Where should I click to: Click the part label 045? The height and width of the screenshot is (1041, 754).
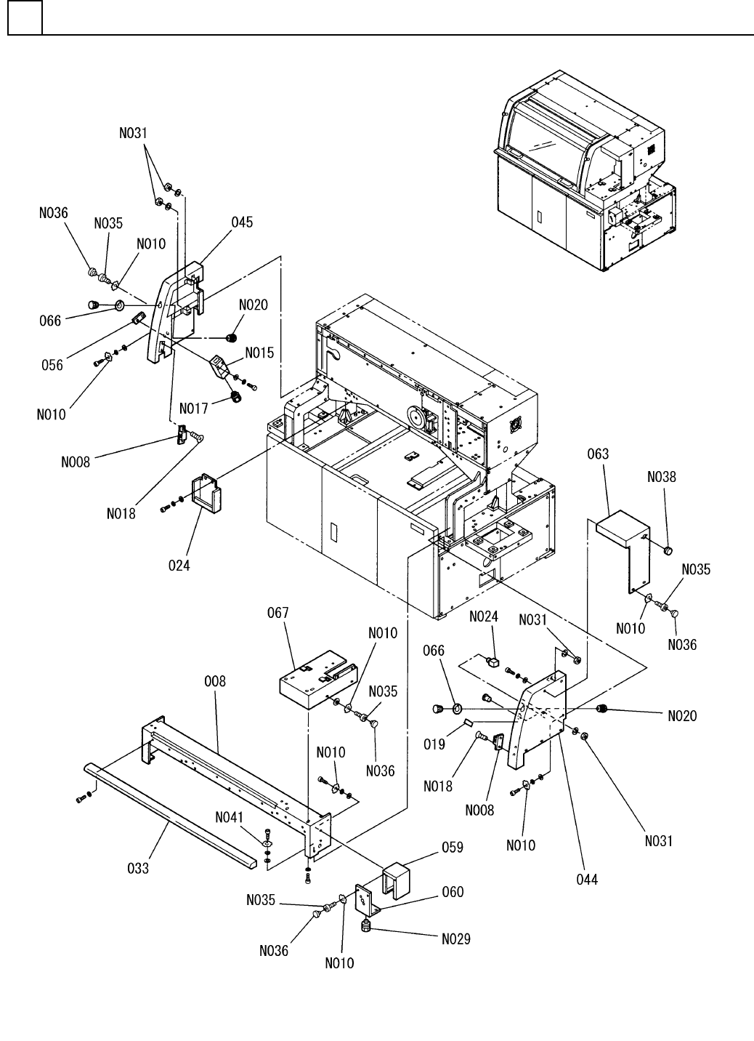tap(243, 222)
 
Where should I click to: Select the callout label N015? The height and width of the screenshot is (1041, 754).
tap(259, 353)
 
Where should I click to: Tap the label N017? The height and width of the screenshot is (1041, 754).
tap(194, 409)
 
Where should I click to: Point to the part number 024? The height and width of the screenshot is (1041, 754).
tap(179, 564)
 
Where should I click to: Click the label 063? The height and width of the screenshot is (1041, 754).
tap(598, 454)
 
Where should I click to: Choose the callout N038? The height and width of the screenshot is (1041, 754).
tap(661, 478)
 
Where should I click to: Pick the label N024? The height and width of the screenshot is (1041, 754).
tap(484, 617)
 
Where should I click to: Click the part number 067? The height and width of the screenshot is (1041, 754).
tap(277, 613)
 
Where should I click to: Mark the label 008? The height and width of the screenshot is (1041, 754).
tap(215, 681)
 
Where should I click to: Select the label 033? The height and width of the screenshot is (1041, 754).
tap(138, 867)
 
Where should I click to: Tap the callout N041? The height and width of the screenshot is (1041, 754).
tap(230, 818)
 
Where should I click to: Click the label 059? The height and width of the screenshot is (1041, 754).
tap(453, 848)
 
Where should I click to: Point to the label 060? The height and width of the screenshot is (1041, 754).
tap(453, 892)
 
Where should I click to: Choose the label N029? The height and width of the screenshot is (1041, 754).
tap(455, 938)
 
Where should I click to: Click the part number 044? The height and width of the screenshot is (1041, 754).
tap(586, 880)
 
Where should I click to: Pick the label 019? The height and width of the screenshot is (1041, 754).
tap(434, 744)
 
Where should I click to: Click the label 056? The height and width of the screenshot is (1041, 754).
tap(52, 366)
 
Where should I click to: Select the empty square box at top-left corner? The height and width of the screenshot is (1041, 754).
tap(25, 17)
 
